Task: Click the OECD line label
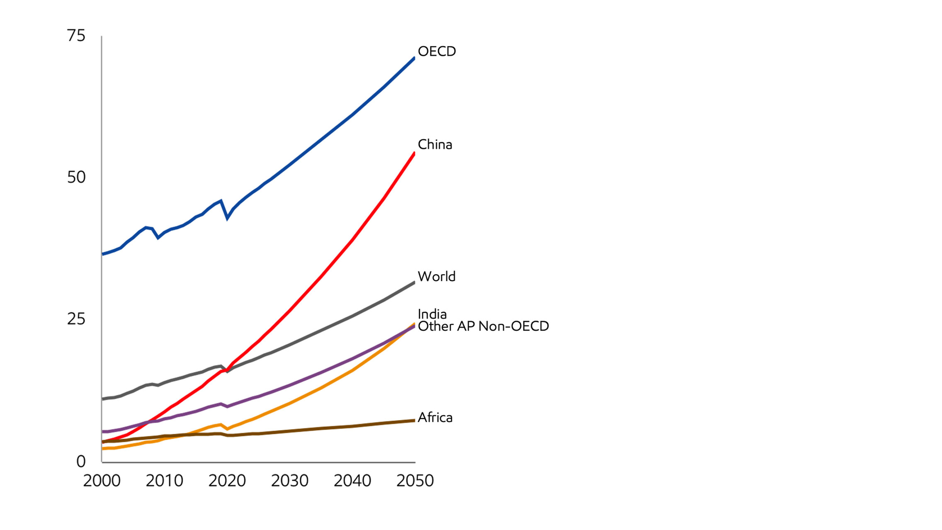coord(437,51)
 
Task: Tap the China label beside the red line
coord(435,144)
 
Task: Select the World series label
coord(436,276)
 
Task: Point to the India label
coord(432,314)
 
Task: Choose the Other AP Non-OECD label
coord(483,326)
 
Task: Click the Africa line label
coord(435,417)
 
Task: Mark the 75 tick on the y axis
coord(76,36)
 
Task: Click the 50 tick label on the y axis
coord(76,177)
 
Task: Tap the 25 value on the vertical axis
coord(76,319)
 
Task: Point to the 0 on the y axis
coord(81,461)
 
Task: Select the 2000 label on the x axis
coord(102,481)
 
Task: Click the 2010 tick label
coord(164,481)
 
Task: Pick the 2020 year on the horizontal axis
coord(227,481)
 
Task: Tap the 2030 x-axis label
coord(289,481)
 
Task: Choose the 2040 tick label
coord(352,481)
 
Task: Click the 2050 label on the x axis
coord(415,481)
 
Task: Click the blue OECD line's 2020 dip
coord(227,217)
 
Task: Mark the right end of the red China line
coord(414,153)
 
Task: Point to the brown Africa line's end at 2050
coord(414,421)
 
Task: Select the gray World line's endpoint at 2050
coord(414,283)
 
